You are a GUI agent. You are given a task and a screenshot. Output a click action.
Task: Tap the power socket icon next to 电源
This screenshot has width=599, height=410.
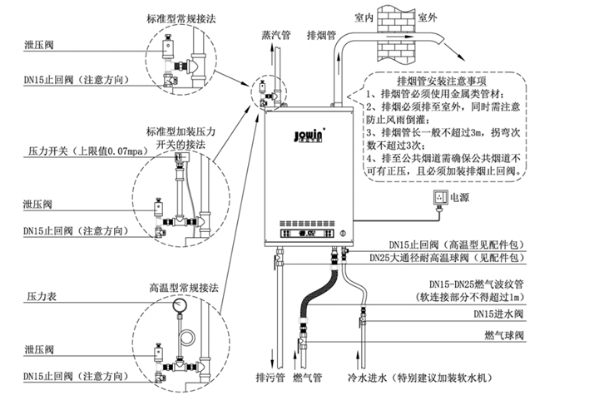(434, 199)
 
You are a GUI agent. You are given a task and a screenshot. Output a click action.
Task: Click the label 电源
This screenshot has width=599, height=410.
(461, 199)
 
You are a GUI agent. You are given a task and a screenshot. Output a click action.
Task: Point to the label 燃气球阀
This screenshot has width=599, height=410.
(506, 334)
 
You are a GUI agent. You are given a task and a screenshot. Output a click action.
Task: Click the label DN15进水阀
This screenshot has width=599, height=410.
(499, 314)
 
